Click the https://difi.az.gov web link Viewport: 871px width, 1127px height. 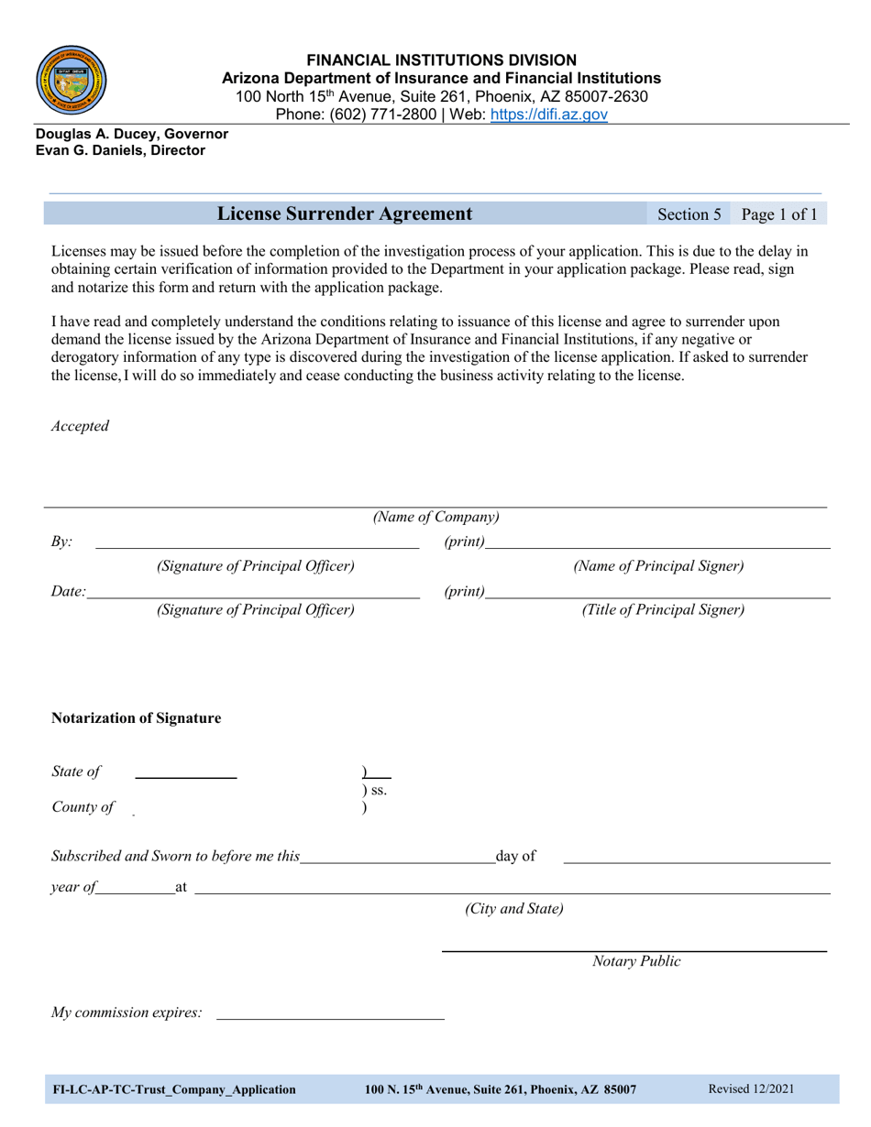(x=549, y=115)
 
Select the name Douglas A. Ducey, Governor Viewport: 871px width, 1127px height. (x=132, y=134)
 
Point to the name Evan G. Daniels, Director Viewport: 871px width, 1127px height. (x=120, y=150)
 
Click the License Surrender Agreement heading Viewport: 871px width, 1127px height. (x=345, y=214)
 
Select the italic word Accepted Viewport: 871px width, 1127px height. (x=80, y=426)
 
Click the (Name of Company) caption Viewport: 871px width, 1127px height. (x=435, y=517)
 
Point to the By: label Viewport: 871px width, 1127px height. (x=61, y=542)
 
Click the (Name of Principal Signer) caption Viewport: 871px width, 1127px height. (x=658, y=566)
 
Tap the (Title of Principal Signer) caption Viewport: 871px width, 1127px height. (x=663, y=609)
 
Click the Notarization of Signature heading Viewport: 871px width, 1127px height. (x=136, y=718)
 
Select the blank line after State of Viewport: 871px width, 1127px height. (x=186, y=776)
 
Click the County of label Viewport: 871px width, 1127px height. (x=83, y=807)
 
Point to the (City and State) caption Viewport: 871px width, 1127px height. (x=513, y=909)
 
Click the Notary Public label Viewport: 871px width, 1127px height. (x=636, y=961)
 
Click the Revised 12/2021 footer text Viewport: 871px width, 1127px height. (x=751, y=1089)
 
